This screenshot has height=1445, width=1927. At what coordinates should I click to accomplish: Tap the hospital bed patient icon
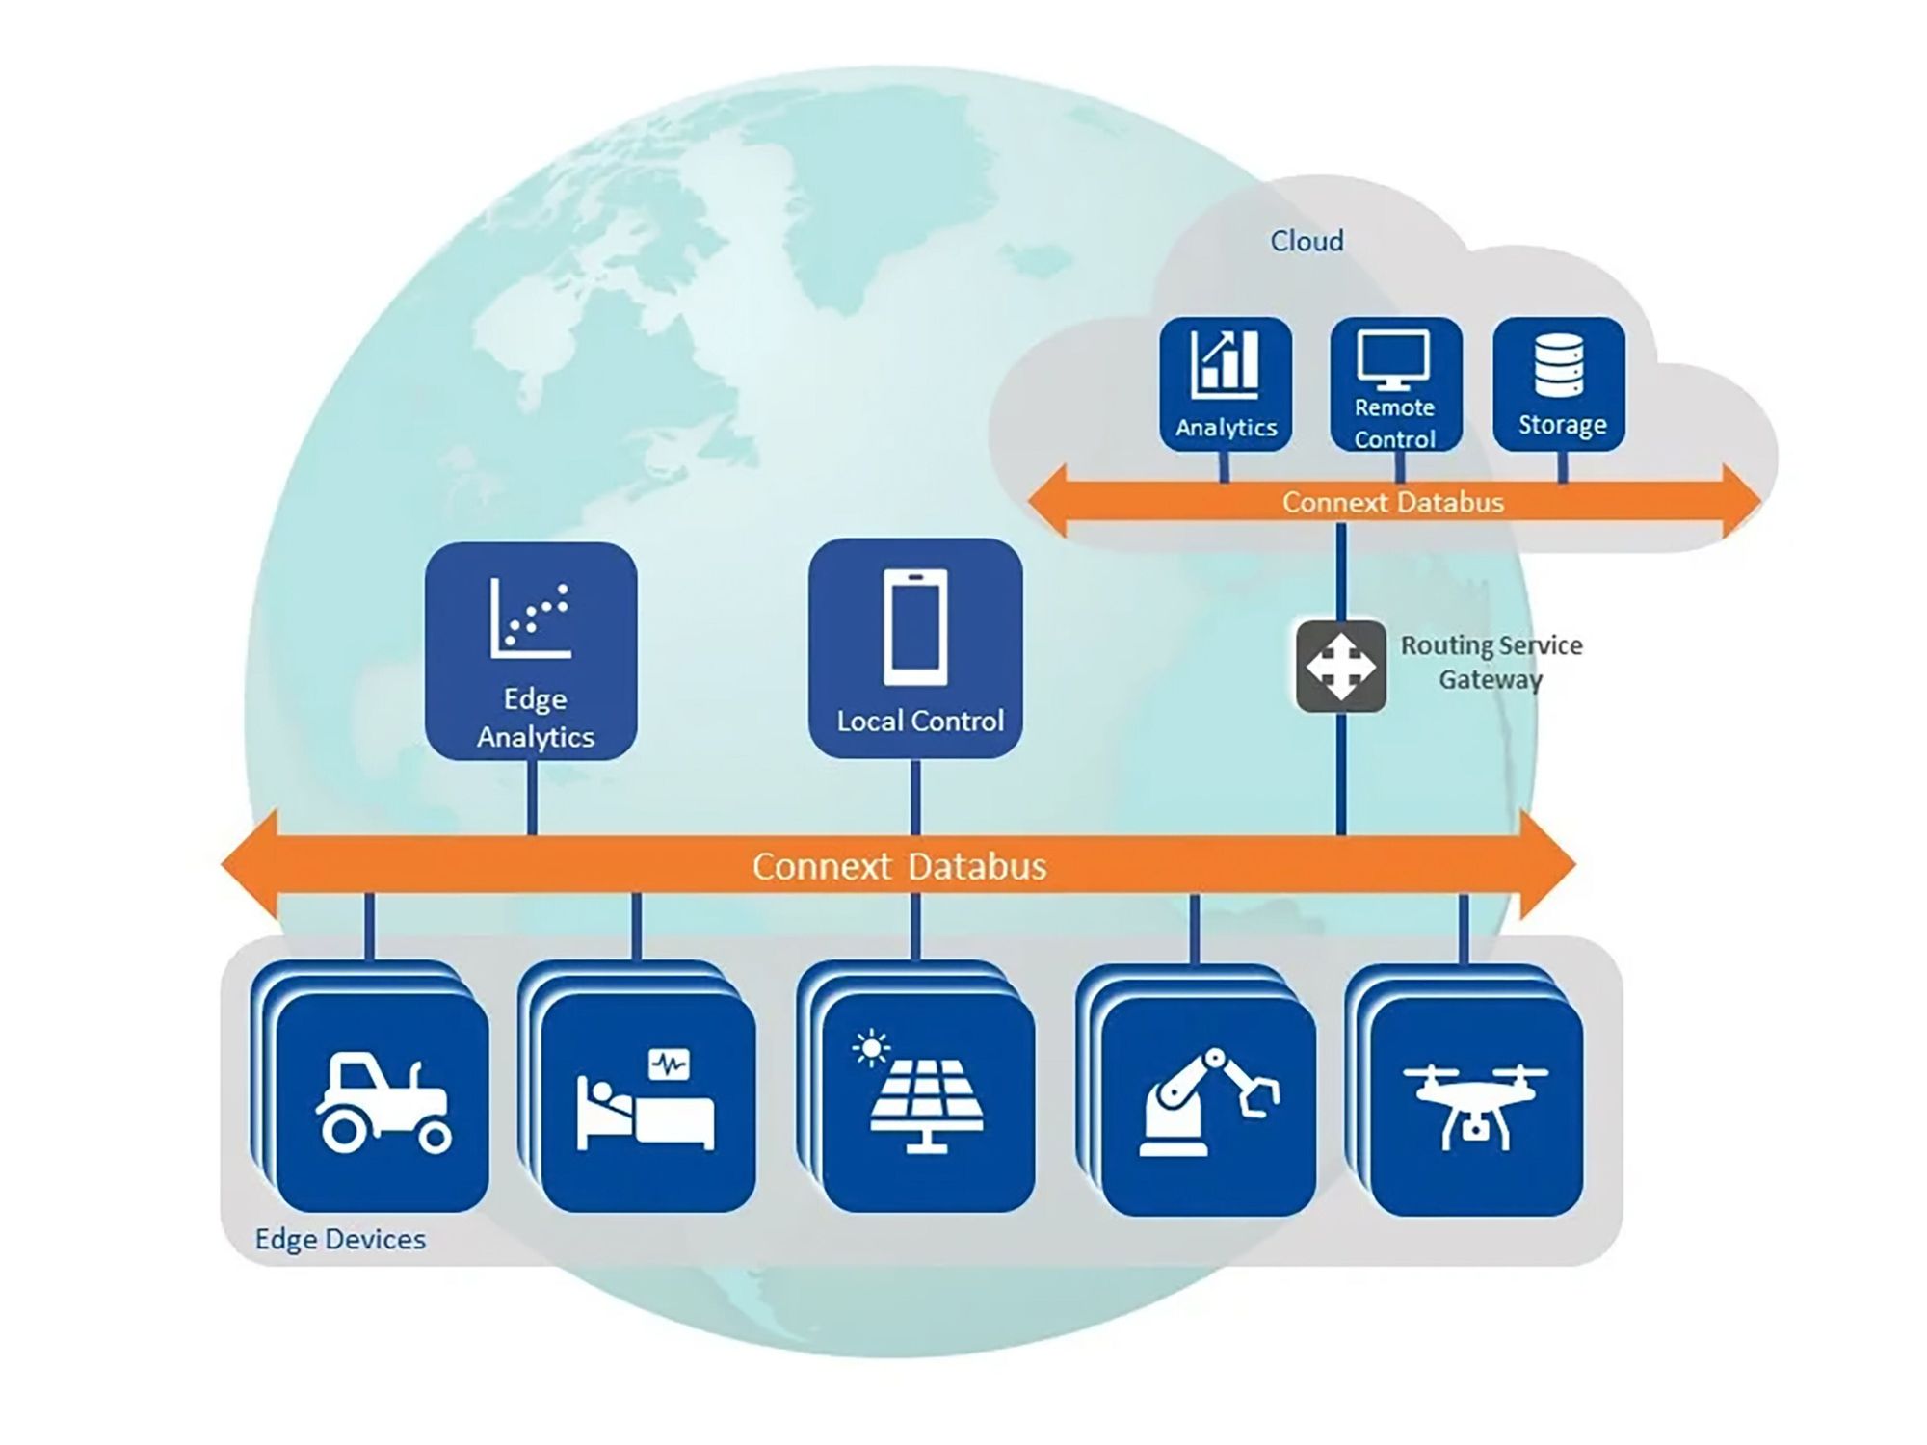[x=646, y=1100]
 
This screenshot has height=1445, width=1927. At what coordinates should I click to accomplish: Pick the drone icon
[x=1475, y=1106]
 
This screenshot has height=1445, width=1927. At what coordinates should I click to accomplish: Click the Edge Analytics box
[x=531, y=651]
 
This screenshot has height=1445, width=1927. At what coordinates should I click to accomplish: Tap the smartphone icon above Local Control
[x=915, y=627]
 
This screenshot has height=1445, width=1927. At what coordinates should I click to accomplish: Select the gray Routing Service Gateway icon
[x=1341, y=667]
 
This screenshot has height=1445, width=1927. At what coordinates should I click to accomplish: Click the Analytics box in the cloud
[x=1226, y=384]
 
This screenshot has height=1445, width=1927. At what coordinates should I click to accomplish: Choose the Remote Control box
[x=1396, y=384]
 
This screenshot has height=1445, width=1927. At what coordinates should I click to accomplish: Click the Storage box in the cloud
[x=1559, y=384]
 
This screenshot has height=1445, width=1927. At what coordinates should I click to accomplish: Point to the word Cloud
[x=1307, y=241]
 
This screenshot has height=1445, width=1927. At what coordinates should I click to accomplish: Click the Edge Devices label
[x=340, y=1239]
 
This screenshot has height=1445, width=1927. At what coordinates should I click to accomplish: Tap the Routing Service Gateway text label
[x=1491, y=663]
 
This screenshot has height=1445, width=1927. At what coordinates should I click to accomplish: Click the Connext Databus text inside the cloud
[x=1392, y=502]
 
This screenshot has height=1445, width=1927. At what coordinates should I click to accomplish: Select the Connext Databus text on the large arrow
[x=899, y=866]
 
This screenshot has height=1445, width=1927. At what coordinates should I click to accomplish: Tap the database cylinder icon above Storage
[x=1559, y=365]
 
